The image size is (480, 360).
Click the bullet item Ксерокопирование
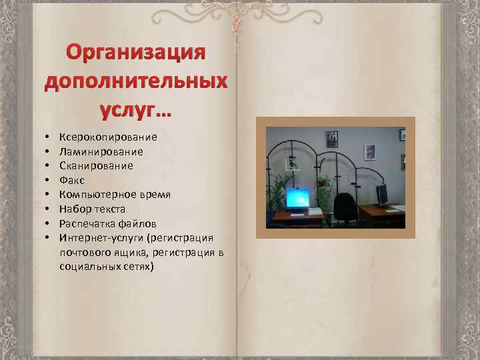point(108,137)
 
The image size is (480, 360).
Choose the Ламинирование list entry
point(101,151)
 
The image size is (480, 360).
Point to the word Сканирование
point(96,166)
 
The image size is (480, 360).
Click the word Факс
point(72,180)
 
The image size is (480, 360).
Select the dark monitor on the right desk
point(383,194)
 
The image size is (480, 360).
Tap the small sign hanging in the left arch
point(291,164)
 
